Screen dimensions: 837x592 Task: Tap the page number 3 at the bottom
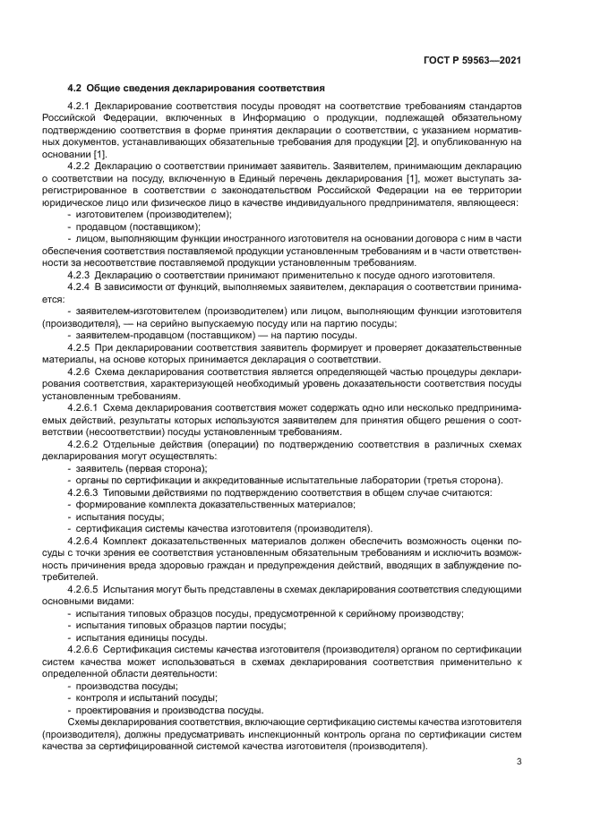click(x=519, y=762)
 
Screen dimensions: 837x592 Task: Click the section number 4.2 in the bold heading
click(x=75, y=88)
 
